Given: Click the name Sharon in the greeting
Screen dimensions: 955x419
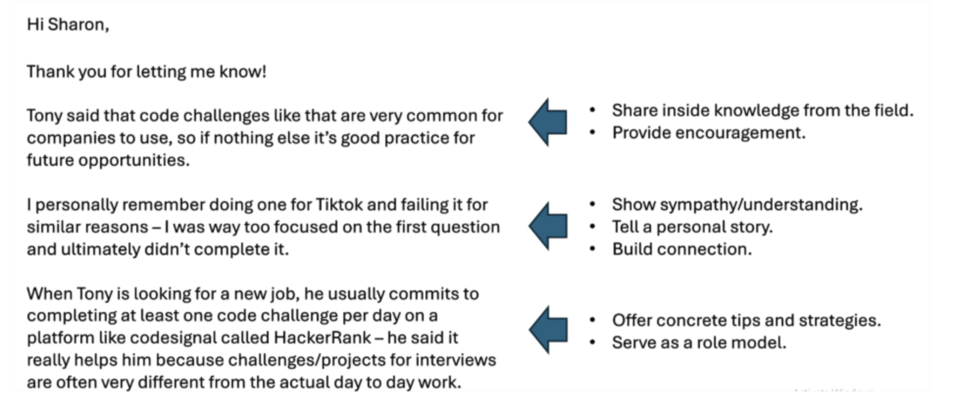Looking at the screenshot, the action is point(78,25).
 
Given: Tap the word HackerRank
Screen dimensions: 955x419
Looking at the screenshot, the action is point(323,338).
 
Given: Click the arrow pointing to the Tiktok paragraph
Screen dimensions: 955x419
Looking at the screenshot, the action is point(548,226).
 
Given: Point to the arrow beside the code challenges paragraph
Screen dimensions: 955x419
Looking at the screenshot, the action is point(548,122).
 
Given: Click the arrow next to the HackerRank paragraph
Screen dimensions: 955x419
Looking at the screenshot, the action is point(548,330).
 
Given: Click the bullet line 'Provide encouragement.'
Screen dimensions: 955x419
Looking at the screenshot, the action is point(708,133).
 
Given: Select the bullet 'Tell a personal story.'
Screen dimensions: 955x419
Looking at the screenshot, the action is point(692,227).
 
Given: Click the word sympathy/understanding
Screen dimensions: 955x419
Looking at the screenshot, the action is point(761,205).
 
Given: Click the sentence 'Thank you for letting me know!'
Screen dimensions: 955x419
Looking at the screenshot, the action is point(147,72).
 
